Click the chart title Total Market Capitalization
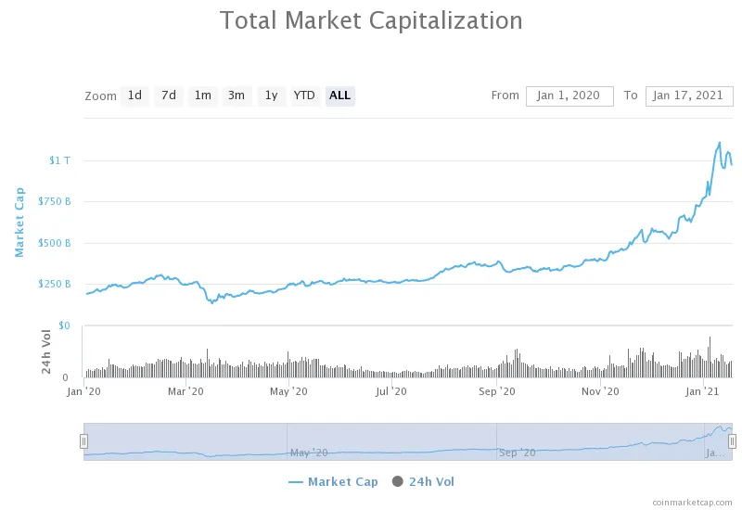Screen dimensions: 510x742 371,20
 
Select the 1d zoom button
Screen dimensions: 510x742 134,96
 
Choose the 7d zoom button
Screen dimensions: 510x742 168,96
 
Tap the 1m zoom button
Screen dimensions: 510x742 202,96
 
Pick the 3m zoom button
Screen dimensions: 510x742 237,96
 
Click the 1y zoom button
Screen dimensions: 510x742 271,96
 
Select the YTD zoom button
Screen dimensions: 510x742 304,96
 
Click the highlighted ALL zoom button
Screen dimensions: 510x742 340,96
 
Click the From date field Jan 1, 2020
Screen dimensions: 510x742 569,96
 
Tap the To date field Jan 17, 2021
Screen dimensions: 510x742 689,96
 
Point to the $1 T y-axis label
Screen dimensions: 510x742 59,160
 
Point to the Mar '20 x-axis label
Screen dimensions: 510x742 185,392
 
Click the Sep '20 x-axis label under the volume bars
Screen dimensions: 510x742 497,392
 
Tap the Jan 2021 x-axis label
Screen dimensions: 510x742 704,392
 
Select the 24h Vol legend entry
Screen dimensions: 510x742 424,481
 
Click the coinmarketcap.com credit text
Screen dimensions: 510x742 691,501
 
